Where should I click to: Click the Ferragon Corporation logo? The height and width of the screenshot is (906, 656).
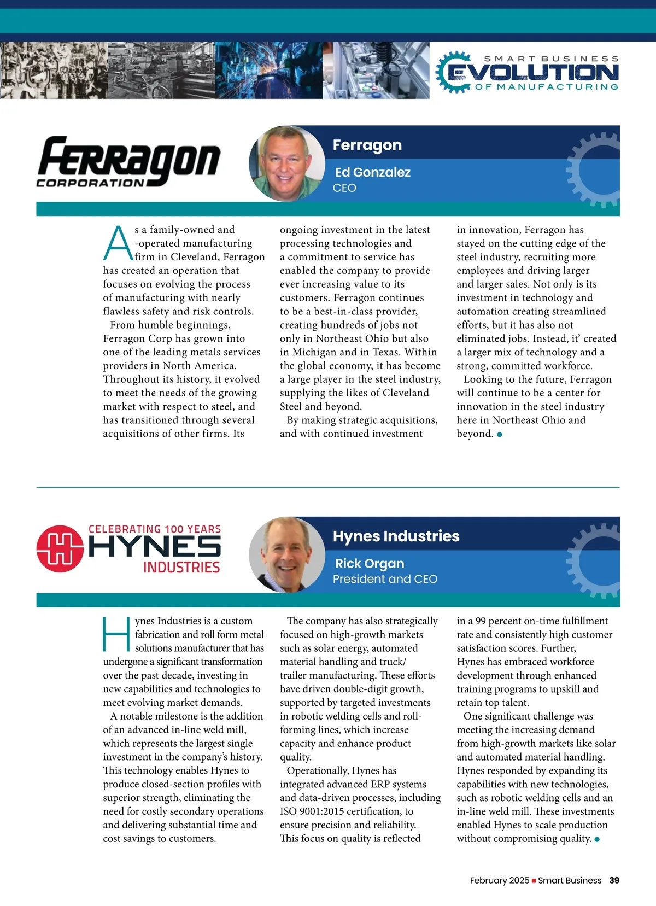coord(128,162)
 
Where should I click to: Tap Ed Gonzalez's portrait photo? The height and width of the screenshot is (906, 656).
coord(286,163)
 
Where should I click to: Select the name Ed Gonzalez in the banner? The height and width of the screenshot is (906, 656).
coord(372,172)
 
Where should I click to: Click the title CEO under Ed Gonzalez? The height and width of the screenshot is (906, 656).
coord(344,188)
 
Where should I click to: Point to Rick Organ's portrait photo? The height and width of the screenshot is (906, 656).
coord(286,554)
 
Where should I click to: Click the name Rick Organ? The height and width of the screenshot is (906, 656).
coord(370,563)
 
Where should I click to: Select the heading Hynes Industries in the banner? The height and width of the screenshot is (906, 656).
coord(396,536)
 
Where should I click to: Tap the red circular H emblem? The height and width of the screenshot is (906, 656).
coord(60,548)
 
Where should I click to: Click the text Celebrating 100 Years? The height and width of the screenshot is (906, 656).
coord(155,529)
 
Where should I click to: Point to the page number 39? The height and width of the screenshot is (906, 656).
coord(614,880)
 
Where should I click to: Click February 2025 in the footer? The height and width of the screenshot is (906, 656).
coord(499,880)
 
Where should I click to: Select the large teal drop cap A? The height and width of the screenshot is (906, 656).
coord(118,243)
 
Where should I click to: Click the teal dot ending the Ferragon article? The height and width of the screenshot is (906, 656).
coord(500,435)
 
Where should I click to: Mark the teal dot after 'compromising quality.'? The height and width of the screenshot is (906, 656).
coord(597,839)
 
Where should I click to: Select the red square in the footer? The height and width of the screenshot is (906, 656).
coord(534,881)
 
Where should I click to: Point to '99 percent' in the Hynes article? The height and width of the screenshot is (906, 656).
coord(488,621)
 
